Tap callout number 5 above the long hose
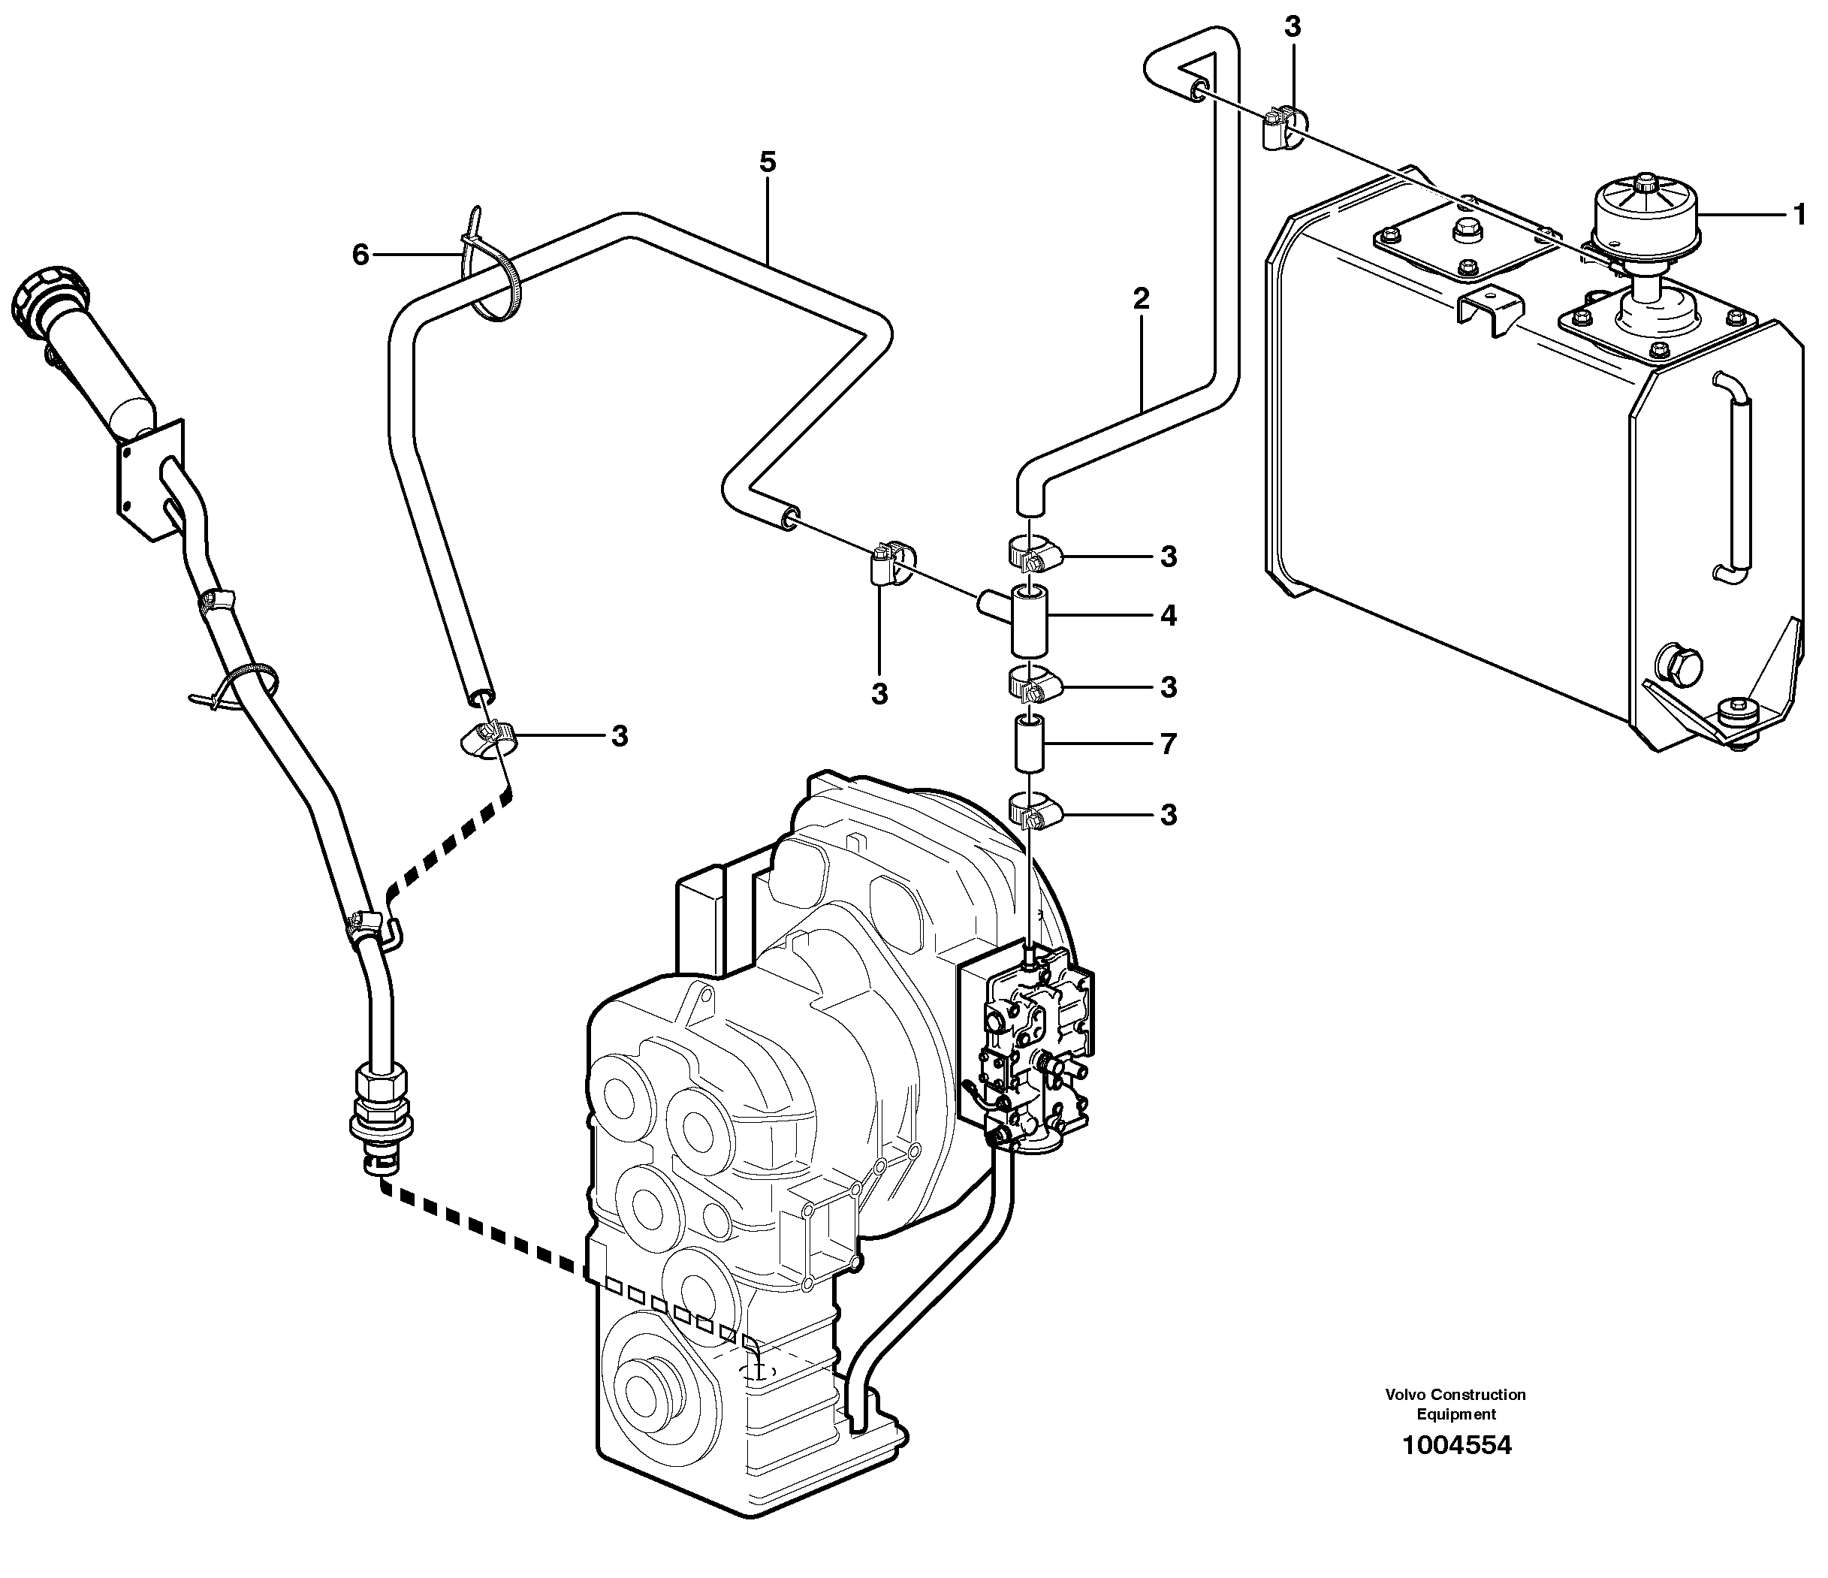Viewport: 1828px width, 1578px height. coord(767,162)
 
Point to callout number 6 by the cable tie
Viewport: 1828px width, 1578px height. coord(360,256)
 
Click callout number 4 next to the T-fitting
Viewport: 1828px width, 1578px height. coord(1168,616)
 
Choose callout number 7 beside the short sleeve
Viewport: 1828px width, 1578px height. coord(1168,744)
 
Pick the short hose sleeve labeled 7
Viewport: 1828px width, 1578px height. coord(1029,744)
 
